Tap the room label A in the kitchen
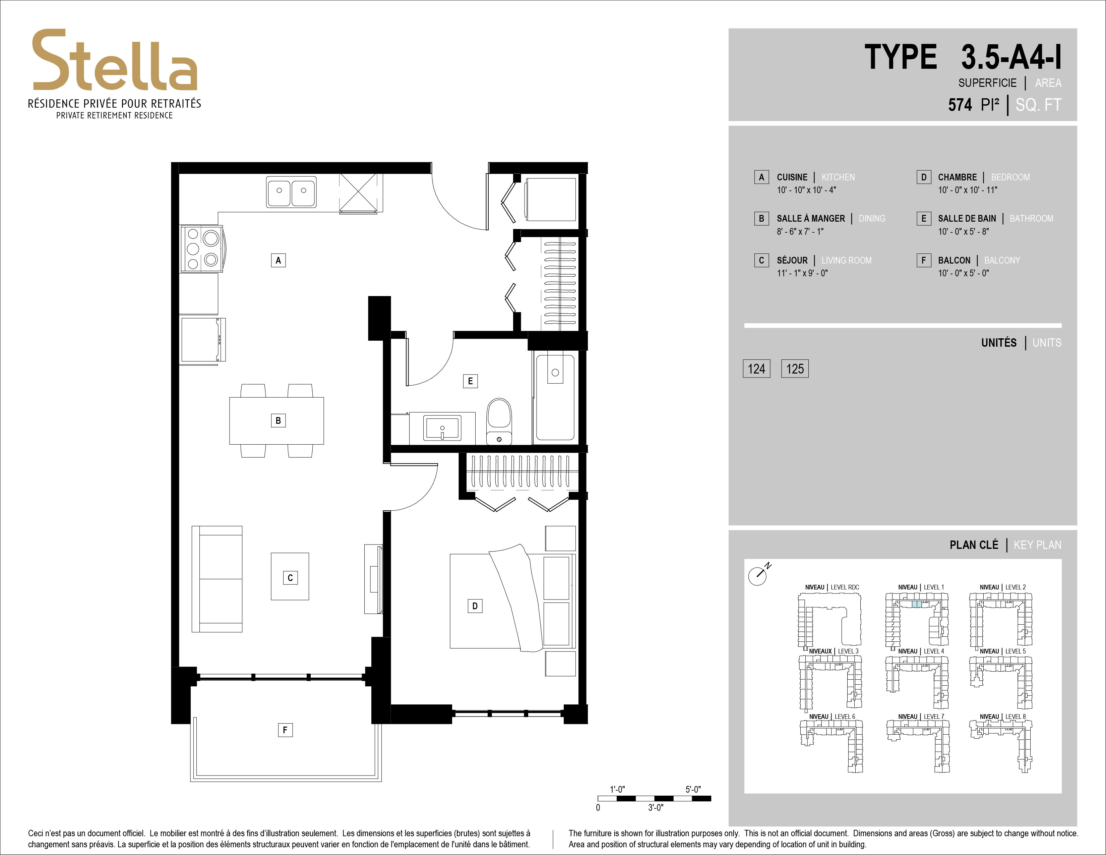(x=278, y=260)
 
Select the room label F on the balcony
(x=285, y=730)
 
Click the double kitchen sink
(x=291, y=191)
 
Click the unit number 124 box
(x=756, y=369)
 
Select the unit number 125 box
(x=795, y=369)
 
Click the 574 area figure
(x=960, y=105)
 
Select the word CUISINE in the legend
(x=792, y=177)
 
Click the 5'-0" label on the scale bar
(x=693, y=789)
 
